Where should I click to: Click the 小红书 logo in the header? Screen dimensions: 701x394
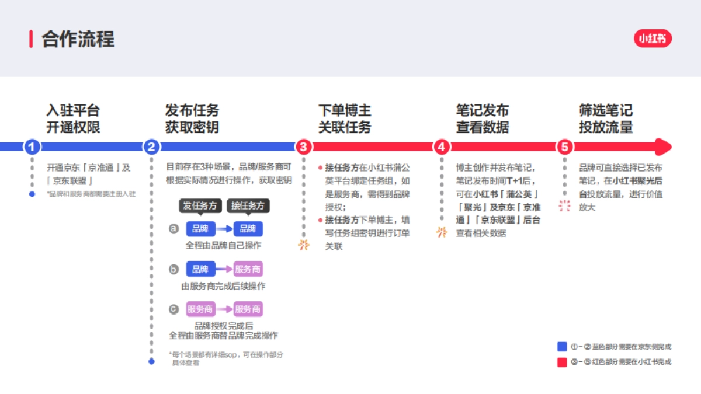(x=653, y=39)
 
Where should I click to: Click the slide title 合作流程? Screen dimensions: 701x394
(x=78, y=39)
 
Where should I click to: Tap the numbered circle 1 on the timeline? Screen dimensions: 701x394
(x=32, y=147)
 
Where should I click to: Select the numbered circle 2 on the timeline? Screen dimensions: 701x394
(x=151, y=147)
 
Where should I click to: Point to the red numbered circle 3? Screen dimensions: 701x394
(x=303, y=147)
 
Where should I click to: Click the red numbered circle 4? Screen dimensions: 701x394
(x=442, y=147)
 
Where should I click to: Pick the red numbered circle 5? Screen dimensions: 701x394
(x=564, y=147)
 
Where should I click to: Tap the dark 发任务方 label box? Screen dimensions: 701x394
(x=200, y=205)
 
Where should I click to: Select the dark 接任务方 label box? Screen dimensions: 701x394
(x=248, y=205)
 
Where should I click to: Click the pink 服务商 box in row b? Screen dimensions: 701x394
(x=248, y=269)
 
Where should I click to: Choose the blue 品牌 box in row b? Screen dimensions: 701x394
(x=200, y=269)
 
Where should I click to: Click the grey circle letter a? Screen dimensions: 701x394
(x=173, y=229)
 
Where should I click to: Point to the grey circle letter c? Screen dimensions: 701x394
(x=173, y=309)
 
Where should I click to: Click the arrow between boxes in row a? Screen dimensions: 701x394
(x=224, y=229)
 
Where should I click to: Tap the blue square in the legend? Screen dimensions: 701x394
(x=562, y=346)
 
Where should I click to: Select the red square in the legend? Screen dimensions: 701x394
(x=562, y=362)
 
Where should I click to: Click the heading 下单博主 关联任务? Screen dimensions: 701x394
(x=345, y=118)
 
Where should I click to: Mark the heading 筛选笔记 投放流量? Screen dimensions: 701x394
(x=606, y=118)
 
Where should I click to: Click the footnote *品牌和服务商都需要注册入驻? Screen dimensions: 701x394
(x=91, y=194)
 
